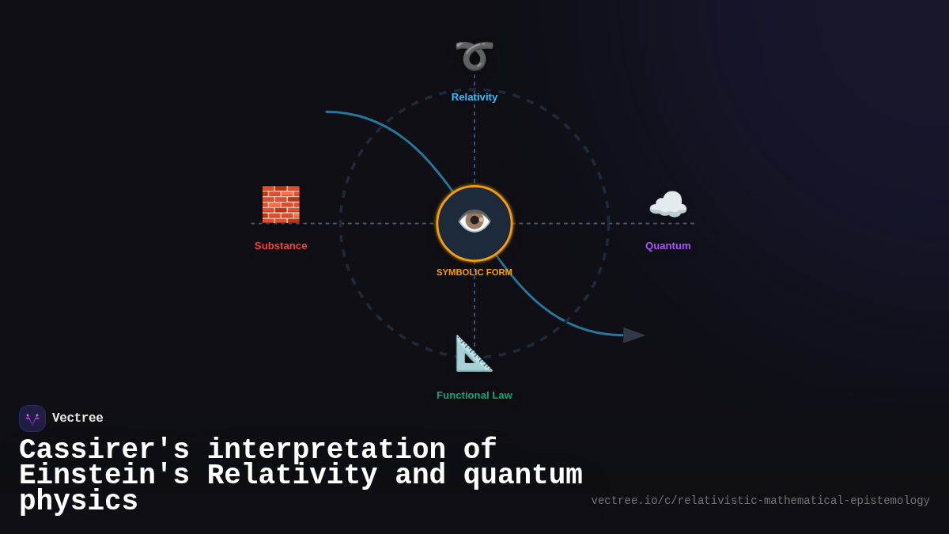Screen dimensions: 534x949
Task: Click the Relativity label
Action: pyautogui.click(x=475, y=97)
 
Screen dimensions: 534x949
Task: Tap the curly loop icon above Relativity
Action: pyautogui.click(x=475, y=55)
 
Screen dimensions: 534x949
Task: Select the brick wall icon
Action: pyautogui.click(x=281, y=204)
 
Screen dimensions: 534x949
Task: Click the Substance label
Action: pyautogui.click(x=281, y=246)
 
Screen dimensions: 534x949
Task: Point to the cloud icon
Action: pyautogui.click(x=667, y=205)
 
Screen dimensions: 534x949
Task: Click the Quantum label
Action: pyautogui.click(x=667, y=246)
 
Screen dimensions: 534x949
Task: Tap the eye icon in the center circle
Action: pyautogui.click(x=475, y=221)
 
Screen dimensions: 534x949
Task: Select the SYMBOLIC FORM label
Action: pyautogui.click(x=475, y=272)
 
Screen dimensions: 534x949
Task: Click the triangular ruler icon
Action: pyautogui.click(x=474, y=353)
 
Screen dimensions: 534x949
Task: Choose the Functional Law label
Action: pyautogui.click(x=475, y=396)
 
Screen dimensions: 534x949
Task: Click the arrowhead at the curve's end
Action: pyautogui.click(x=633, y=335)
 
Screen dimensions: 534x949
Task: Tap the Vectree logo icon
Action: pyautogui.click(x=32, y=418)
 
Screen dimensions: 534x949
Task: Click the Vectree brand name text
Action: pyautogui.click(x=78, y=418)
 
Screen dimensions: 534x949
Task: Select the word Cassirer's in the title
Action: pyautogui.click(x=104, y=450)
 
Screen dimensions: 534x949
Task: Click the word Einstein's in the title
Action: pyautogui.click(x=104, y=475)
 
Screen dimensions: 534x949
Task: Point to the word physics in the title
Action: pyautogui.click(x=78, y=502)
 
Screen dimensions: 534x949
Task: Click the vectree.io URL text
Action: pyautogui.click(x=760, y=501)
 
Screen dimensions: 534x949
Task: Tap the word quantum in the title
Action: pyautogui.click(x=523, y=475)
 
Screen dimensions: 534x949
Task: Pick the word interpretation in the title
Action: pyautogui.click(x=326, y=450)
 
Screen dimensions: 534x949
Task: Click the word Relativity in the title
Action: pyautogui.click(x=292, y=475)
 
